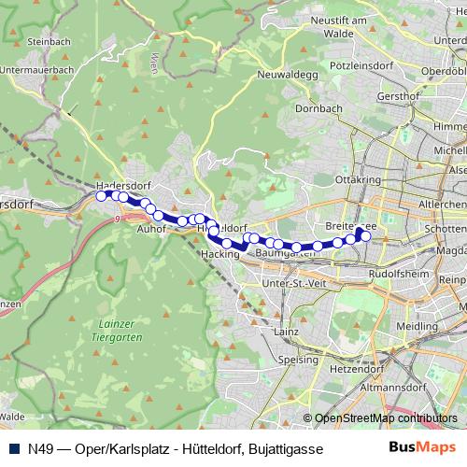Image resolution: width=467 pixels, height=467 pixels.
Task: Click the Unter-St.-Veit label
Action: [x=292, y=281]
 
